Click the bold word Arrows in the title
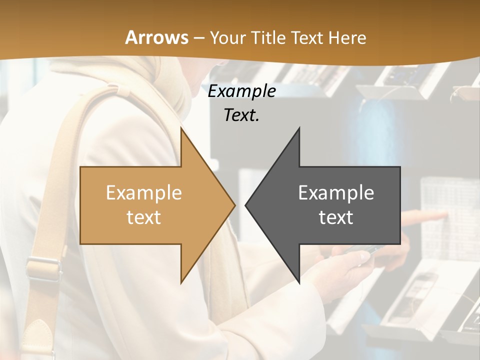pos(157,37)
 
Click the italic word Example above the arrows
pos(241,91)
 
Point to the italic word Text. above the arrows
pos(241,115)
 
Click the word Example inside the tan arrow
pos(144,192)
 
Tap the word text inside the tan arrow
pos(144,217)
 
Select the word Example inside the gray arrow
pos(336,192)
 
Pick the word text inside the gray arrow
pos(336,217)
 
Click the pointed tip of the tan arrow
pos(234,205)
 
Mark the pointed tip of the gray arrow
pos(246,205)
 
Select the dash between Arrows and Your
pos(198,37)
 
